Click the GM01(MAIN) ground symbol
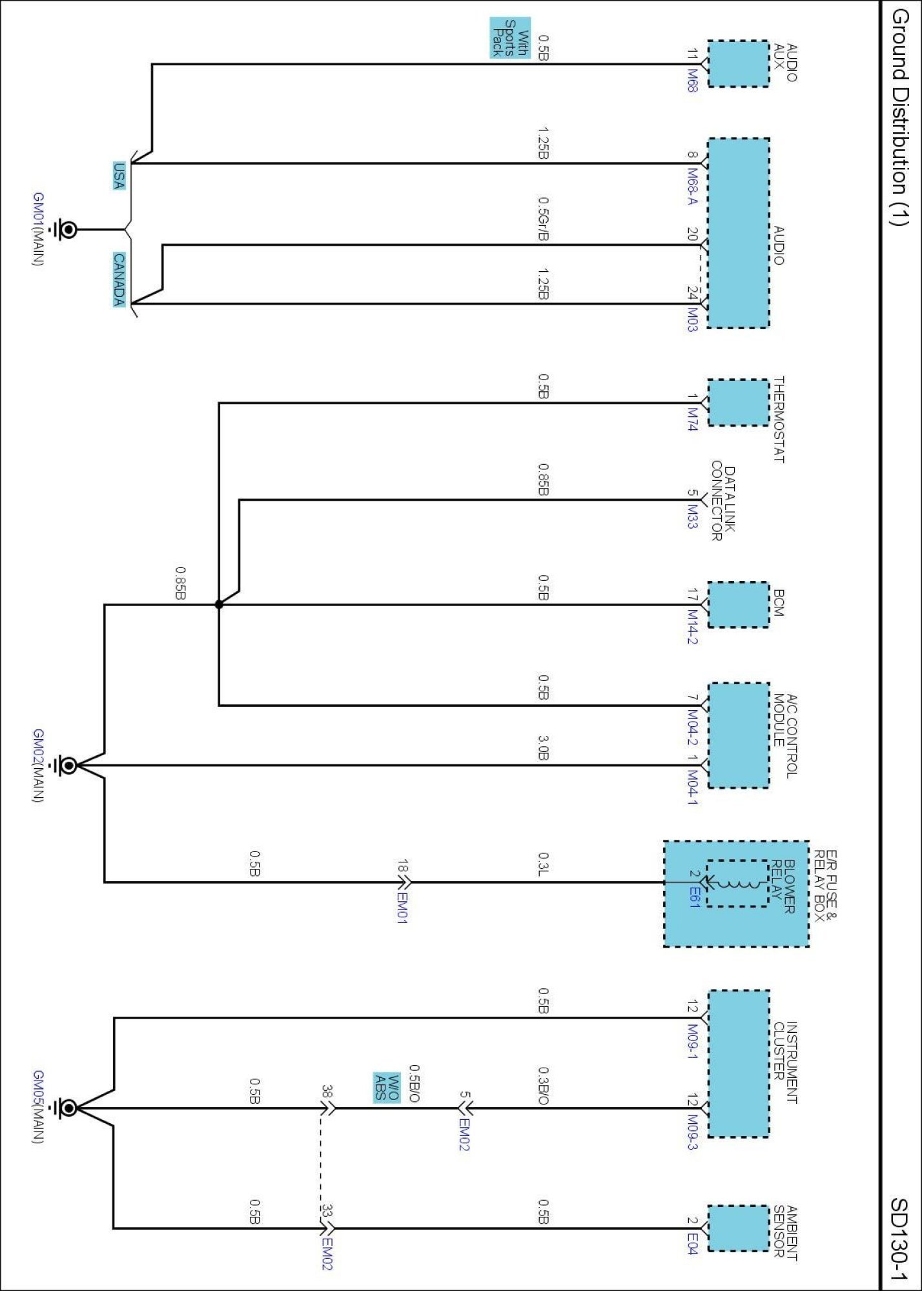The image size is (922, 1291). (65, 229)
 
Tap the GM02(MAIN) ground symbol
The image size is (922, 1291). (66, 766)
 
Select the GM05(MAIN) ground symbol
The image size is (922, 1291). (66, 1108)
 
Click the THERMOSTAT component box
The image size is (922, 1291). (739, 403)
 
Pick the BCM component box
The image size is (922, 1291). (739, 604)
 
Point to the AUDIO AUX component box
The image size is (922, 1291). (739, 63)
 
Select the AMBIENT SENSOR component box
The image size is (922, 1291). (739, 1228)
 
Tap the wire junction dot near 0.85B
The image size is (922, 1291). (219, 605)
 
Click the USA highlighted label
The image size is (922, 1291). (119, 176)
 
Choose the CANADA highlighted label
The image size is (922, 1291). (119, 279)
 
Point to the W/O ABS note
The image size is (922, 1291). (387, 1087)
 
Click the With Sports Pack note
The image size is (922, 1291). (510, 38)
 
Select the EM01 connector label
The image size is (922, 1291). (402, 908)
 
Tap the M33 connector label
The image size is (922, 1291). (692, 516)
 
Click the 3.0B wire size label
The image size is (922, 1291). (544, 747)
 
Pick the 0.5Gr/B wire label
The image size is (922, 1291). (544, 219)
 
